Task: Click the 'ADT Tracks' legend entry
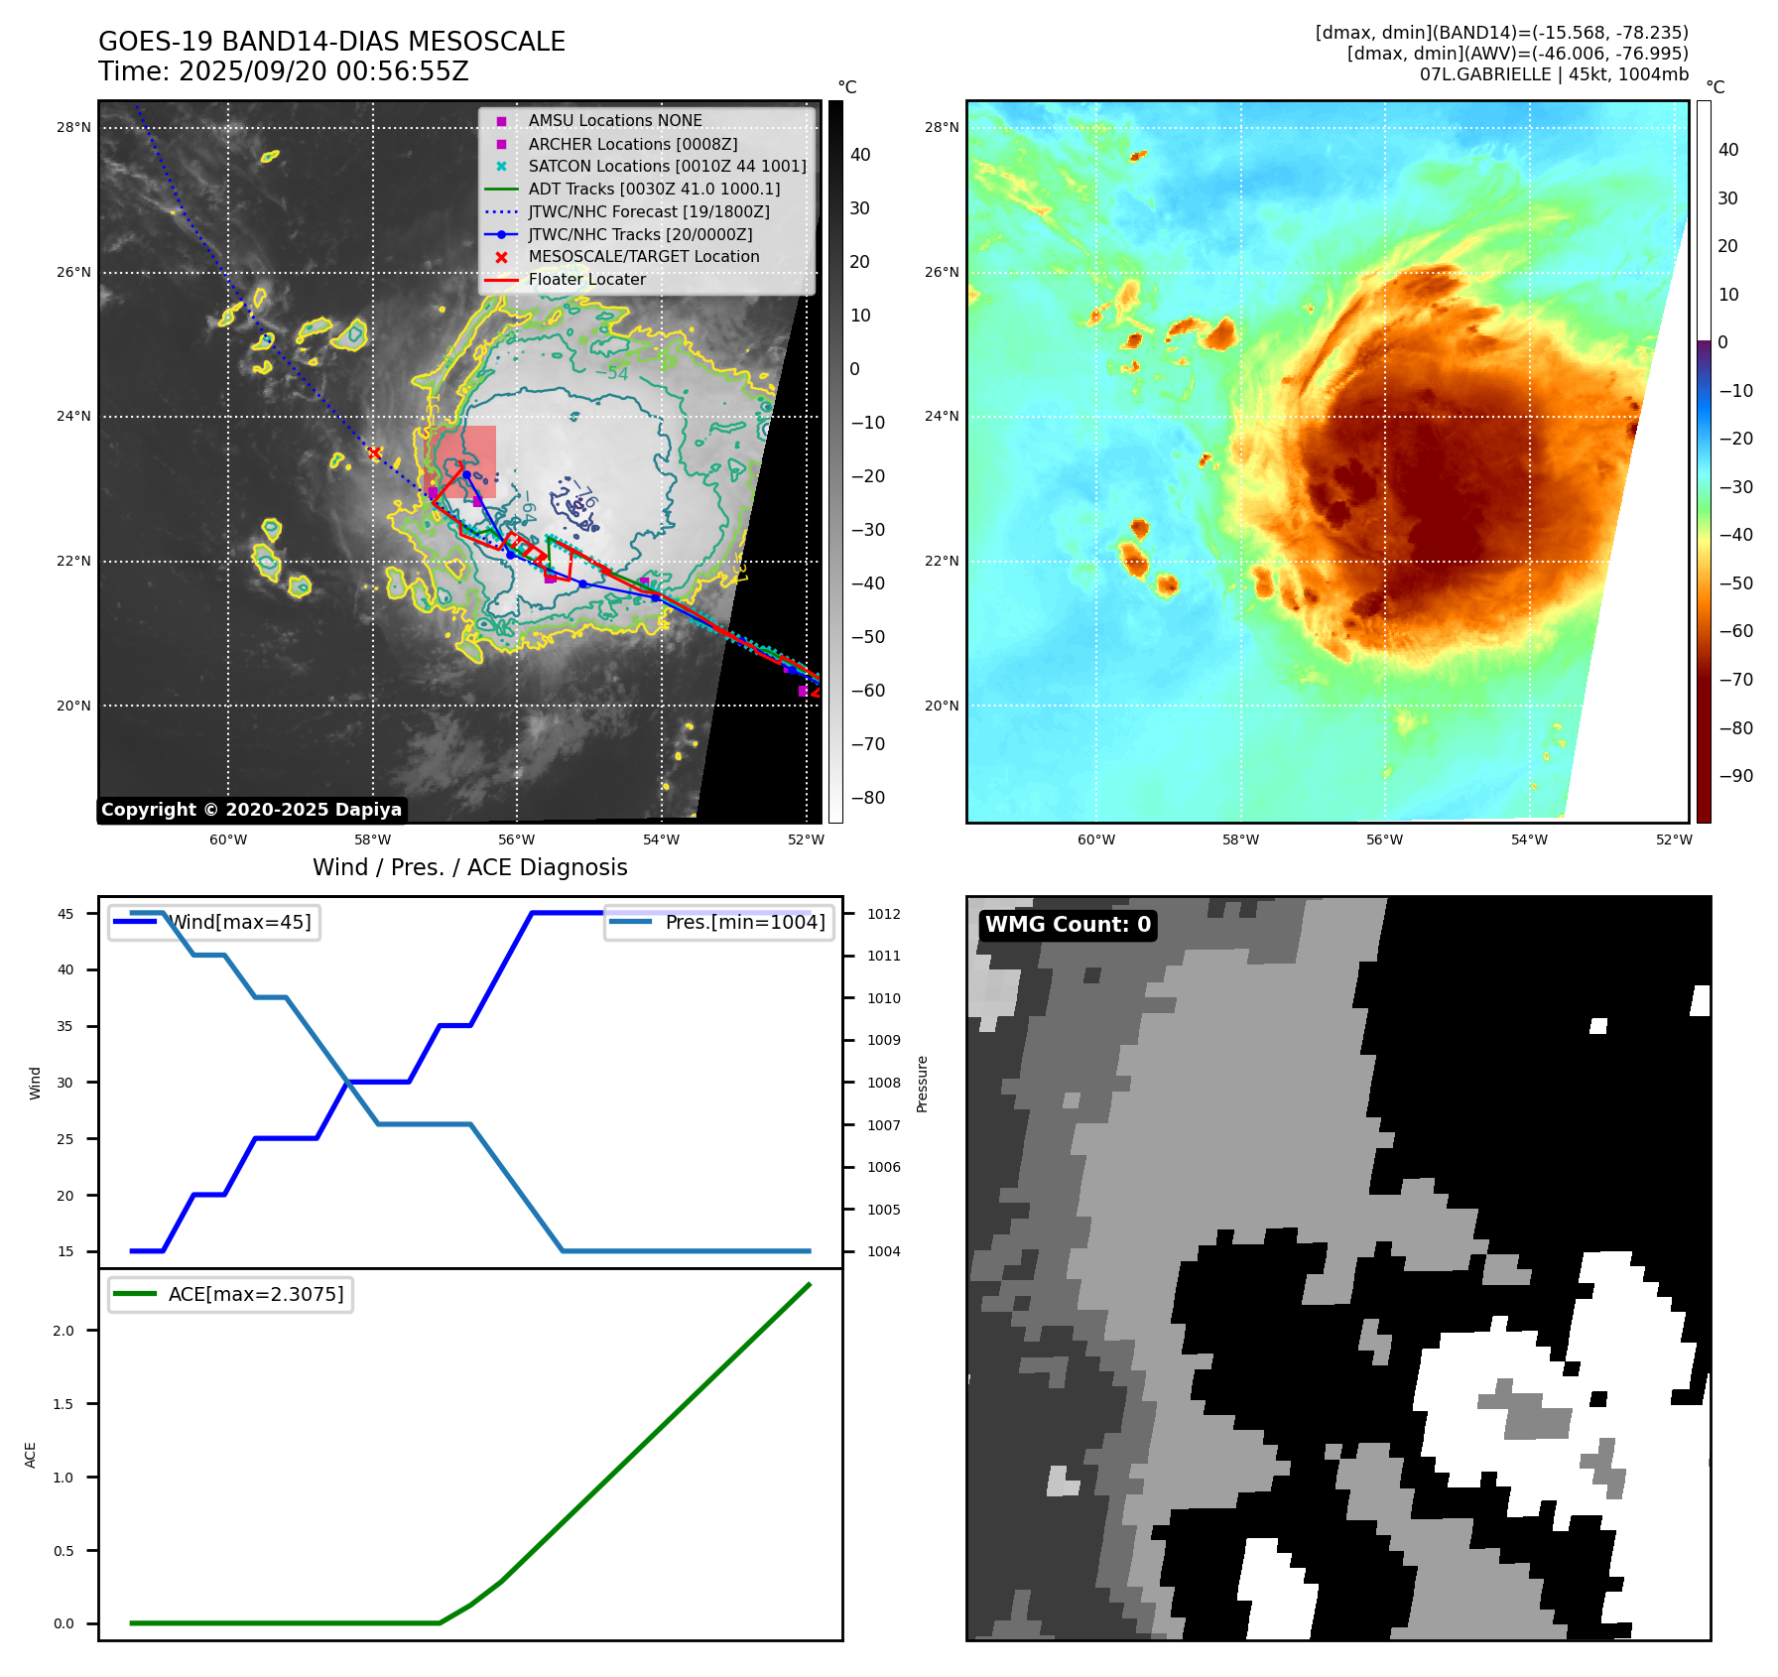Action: pos(654,189)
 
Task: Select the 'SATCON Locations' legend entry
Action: pos(667,166)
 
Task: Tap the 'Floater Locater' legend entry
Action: pos(586,279)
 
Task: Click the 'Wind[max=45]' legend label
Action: pos(239,922)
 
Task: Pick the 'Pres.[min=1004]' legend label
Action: pos(744,922)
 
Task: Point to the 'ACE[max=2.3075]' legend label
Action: pos(256,1294)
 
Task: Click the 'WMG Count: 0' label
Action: pos(1068,925)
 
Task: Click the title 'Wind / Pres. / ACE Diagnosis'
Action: pos(470,867)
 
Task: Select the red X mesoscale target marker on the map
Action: pos(375,453)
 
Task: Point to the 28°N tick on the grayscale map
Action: pos(73,127)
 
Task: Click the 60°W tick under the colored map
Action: pos(1096,839)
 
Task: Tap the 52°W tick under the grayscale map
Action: pos(806,839)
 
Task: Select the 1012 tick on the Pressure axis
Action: pos(884,914)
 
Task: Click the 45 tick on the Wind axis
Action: pos(65,914)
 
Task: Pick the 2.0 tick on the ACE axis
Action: pos(63,1331)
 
